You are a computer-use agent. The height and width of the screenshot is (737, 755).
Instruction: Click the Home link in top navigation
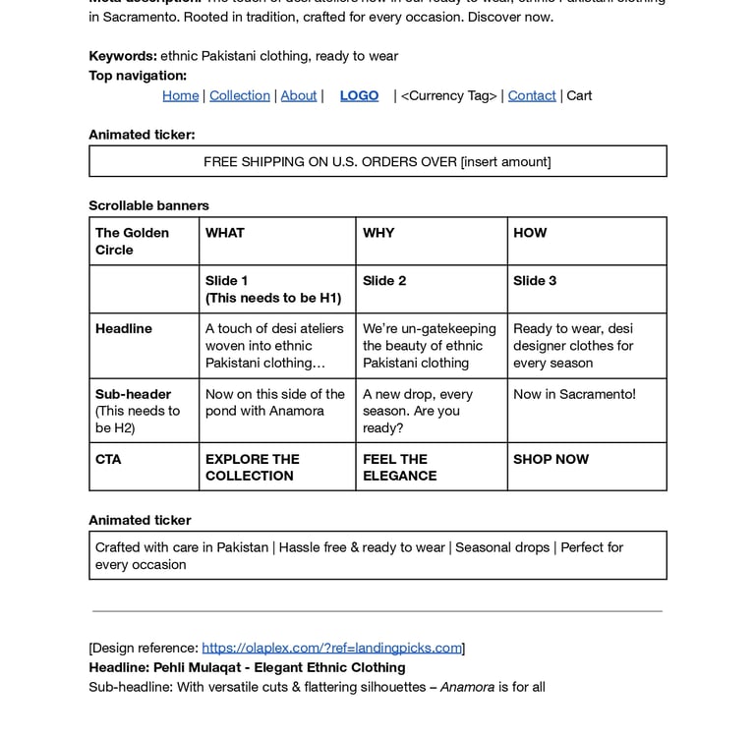click(180, 95)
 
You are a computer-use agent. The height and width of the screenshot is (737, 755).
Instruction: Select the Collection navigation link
click(239, 95)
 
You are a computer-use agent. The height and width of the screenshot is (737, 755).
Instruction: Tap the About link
click(299, 95)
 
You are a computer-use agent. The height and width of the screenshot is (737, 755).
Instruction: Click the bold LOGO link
click(359, 95)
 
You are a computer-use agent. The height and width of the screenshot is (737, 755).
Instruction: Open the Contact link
click(532, 95)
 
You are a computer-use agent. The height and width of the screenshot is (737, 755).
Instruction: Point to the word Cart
click(579, 95)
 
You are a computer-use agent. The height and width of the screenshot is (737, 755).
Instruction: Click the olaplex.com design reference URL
click(331, 648)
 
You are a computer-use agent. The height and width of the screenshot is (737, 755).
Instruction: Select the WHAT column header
click(225, 233)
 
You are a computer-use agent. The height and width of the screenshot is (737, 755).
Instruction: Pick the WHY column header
click(378, 233)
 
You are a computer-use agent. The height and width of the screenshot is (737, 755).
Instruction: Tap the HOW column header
click(530, 233)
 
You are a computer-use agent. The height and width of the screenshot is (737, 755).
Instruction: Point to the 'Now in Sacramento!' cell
click(574, 394)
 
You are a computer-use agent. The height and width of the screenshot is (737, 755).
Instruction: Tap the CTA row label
click(108, 459)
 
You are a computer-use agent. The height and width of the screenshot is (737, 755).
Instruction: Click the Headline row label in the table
click(124, 328)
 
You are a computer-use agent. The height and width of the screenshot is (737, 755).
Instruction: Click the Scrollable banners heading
click(148, 205)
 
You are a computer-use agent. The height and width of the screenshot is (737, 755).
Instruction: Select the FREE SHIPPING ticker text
click(377, 161)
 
